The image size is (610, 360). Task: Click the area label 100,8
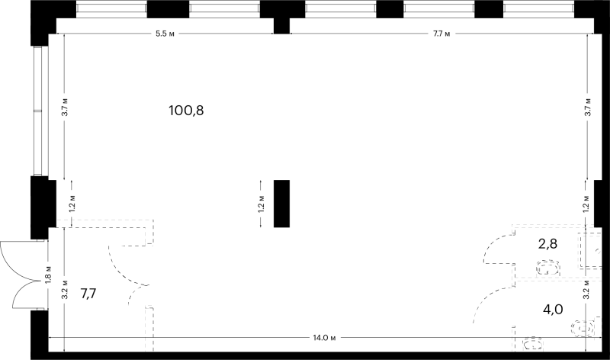[x=186, y=111]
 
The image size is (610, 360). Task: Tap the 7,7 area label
[x=88, y=294]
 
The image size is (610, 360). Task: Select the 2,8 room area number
[x=547, y=244]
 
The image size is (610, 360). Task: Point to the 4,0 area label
[x=553, y=310]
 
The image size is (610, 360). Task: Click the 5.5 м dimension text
[x=165, y=34]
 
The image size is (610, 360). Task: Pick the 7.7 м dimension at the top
[x=441, y=34]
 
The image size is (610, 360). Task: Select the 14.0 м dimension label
[x=324, y=338]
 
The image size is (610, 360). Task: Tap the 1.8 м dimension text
[x=48, y=275]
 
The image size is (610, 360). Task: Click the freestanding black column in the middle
[x=281, y=204]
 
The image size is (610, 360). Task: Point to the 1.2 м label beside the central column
[x=262, y=204]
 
